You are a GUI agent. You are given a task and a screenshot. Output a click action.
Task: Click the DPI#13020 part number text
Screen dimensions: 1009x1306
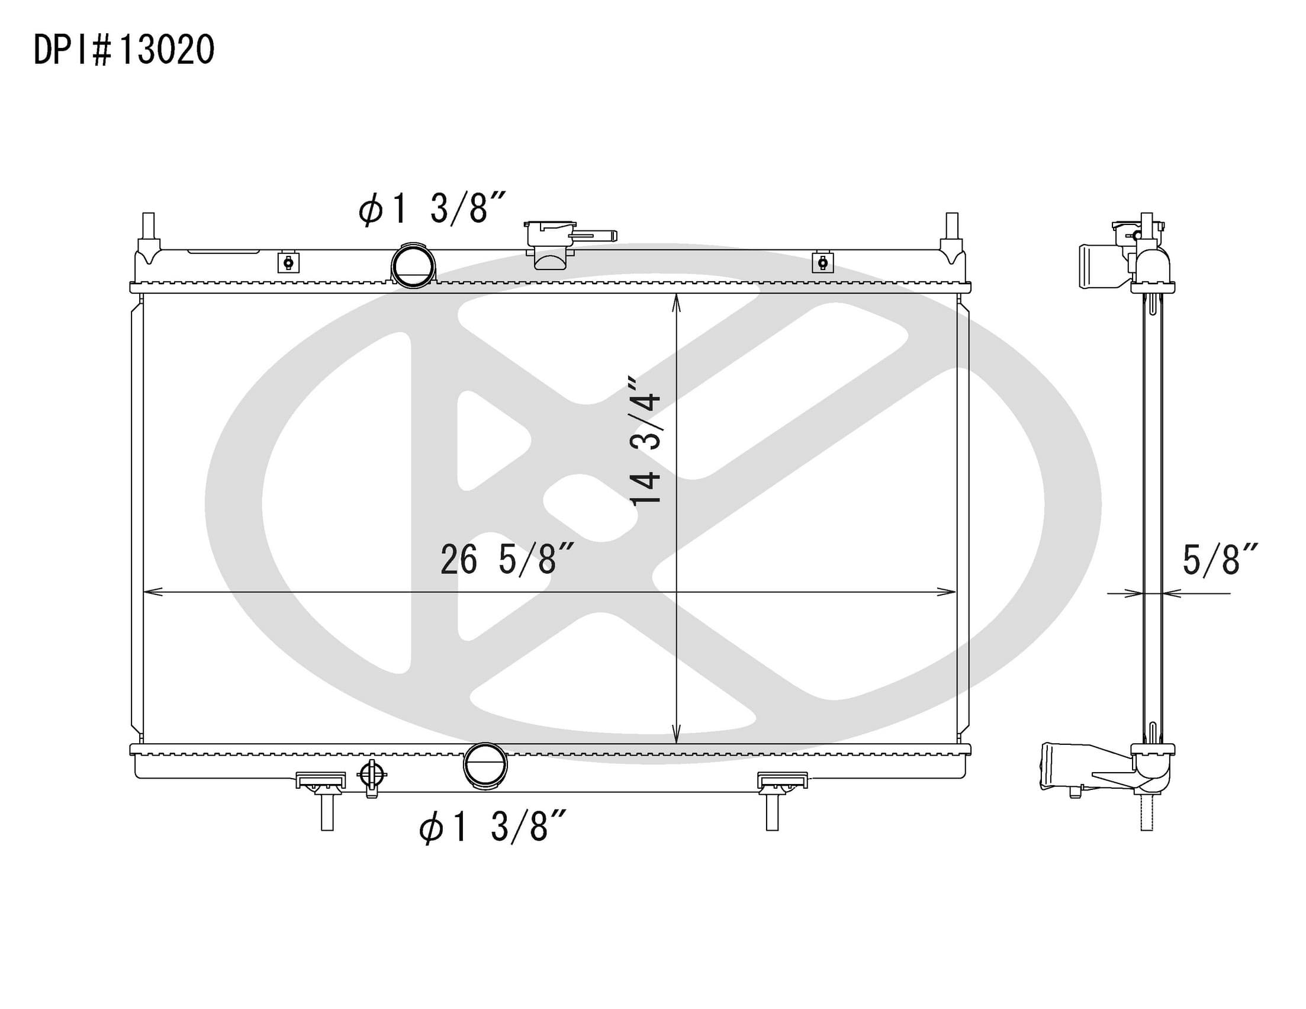(x=124, y=50)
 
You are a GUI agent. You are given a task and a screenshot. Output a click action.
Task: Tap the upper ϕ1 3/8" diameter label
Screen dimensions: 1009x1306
(x=432, y=208)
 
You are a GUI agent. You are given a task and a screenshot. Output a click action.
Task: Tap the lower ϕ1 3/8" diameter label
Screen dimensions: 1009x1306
(x=492, y=827)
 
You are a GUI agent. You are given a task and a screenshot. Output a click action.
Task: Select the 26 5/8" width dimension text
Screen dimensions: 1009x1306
(x=507, y=560)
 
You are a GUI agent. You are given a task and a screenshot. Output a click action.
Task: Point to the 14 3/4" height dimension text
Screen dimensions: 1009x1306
(x=646, y=441)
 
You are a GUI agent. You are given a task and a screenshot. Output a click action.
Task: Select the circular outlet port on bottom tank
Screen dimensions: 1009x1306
(x=485, y=764)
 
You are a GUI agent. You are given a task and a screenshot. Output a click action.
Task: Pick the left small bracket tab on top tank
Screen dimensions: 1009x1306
(x=288, y=262)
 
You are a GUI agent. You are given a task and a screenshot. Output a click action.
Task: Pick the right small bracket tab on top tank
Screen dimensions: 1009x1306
(x=823, y=262)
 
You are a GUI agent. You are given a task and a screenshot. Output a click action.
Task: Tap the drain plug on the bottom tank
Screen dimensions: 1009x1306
(x=371, y=777)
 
